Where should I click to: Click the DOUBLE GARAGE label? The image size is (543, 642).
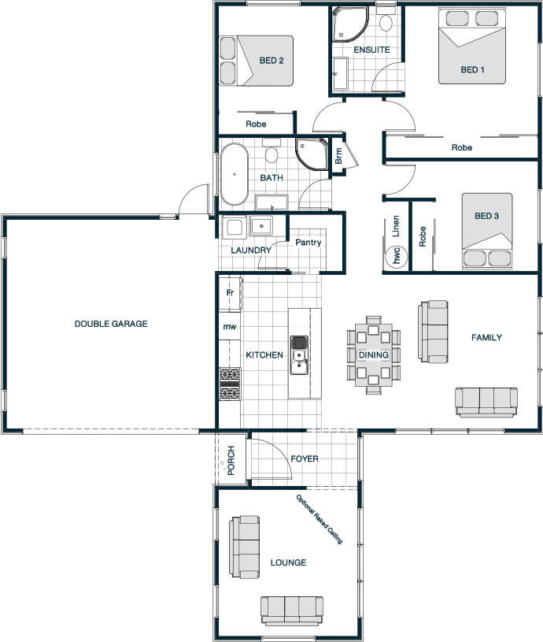111,324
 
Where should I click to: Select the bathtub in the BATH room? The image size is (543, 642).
235,174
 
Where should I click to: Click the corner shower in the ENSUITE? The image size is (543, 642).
350,24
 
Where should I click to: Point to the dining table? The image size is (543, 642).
373,355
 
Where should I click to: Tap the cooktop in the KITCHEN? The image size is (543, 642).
230,384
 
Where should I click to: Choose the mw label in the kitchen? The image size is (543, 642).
229,326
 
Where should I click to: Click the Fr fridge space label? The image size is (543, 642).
230,292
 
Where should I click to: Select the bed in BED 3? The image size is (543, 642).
487,231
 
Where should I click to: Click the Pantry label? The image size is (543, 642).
308,243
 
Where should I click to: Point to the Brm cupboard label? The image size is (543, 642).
338,156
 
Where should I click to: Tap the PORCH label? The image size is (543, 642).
231,461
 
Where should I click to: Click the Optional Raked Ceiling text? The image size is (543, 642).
319,519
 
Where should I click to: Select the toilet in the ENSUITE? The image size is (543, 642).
386,22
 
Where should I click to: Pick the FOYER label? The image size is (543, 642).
305,458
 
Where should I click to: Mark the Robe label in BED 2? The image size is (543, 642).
256,124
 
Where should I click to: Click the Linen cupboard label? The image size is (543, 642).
395,226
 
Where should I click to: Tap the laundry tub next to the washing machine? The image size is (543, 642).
261,226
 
